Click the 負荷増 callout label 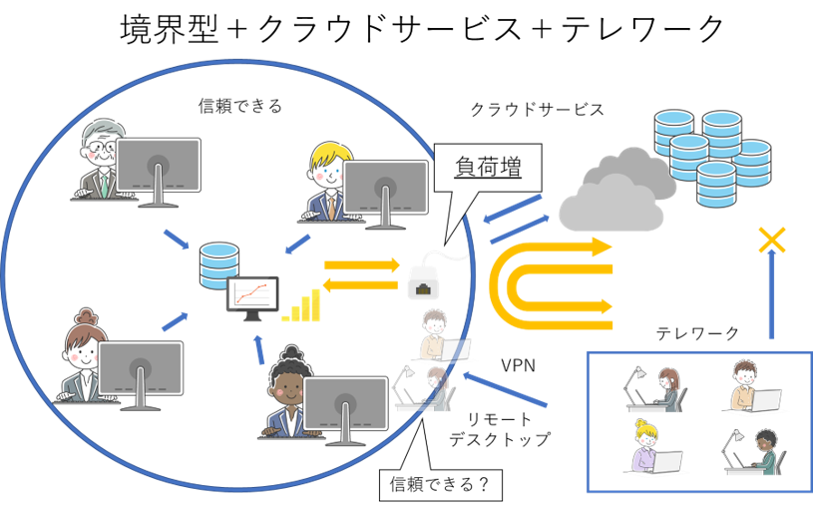[488, 168]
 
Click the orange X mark [770, 239]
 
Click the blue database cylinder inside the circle [218, 264]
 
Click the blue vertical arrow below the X [770, 295]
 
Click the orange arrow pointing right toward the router [358, 266]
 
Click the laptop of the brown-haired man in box [764, 400]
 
